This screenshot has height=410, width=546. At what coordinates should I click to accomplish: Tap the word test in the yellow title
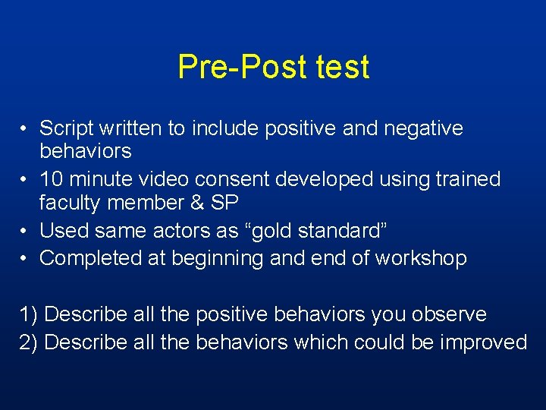[338, 67]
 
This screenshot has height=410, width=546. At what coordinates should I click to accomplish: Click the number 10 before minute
[52, 179]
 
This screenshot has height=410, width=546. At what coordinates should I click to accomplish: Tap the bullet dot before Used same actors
[25, 231]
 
